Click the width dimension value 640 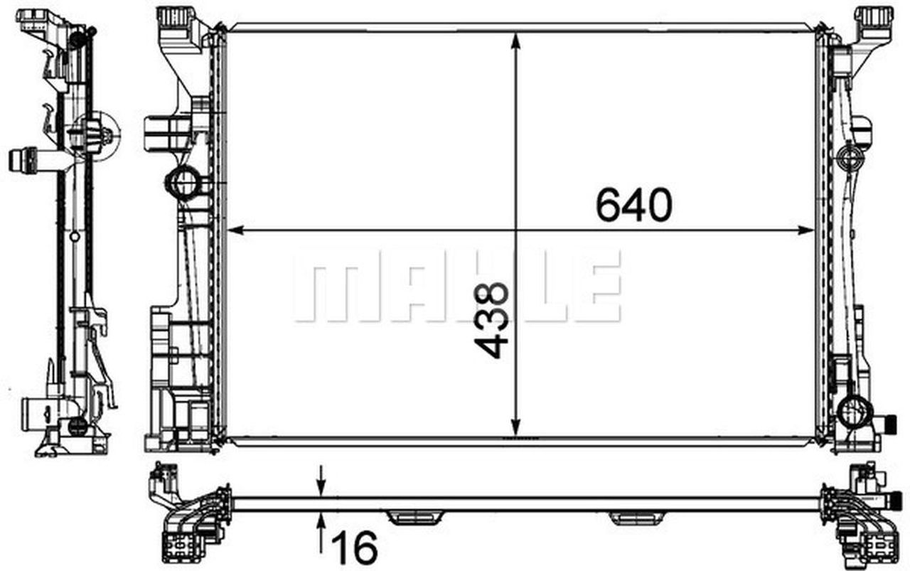pyautogui.click(x=633, y=206)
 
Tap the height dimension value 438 pyautogui.click(x=492, y=319)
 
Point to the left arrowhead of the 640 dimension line pyautogui.click(x=235, y=230)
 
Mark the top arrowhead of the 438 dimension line pyautogui.click(x=517, y=42)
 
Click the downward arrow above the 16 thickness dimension pyautogui.click(x=321, y=486)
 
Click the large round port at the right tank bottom pyautogui.click(x=854, y=412)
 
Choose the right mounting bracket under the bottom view pyautogui.click(x=637, y=517)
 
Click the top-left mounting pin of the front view pyautogui.click(x=173, y=17)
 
